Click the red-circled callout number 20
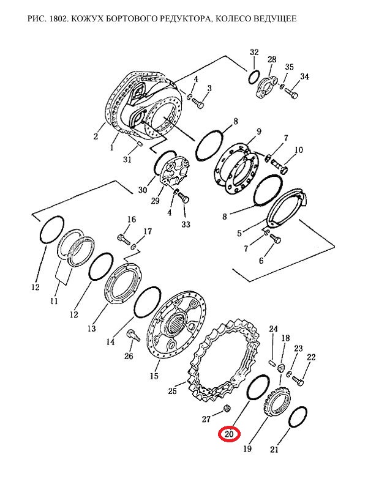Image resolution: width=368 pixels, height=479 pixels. coord(229,434)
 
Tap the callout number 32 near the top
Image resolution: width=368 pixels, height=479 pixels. coord(254,52)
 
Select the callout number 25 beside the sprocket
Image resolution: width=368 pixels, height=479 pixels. coord(173,391)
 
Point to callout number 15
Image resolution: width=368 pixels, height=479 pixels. coord(154,376)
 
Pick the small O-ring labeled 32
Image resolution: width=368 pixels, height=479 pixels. coord(254,77)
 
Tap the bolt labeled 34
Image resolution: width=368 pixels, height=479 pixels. coord(291,93)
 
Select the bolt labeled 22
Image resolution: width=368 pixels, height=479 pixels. coord(298,381)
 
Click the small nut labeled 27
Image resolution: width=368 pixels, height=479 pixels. coord(227,408)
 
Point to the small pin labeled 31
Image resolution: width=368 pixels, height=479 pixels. coord(140,144)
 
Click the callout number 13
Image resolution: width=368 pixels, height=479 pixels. coord(91,329)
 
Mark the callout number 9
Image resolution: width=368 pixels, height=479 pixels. coord(258,132)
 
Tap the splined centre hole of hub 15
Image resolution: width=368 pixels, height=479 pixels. coord(177,324)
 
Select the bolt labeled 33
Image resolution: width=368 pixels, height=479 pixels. coord(182,198)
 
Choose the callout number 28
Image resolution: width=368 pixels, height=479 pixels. coord(272,59)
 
